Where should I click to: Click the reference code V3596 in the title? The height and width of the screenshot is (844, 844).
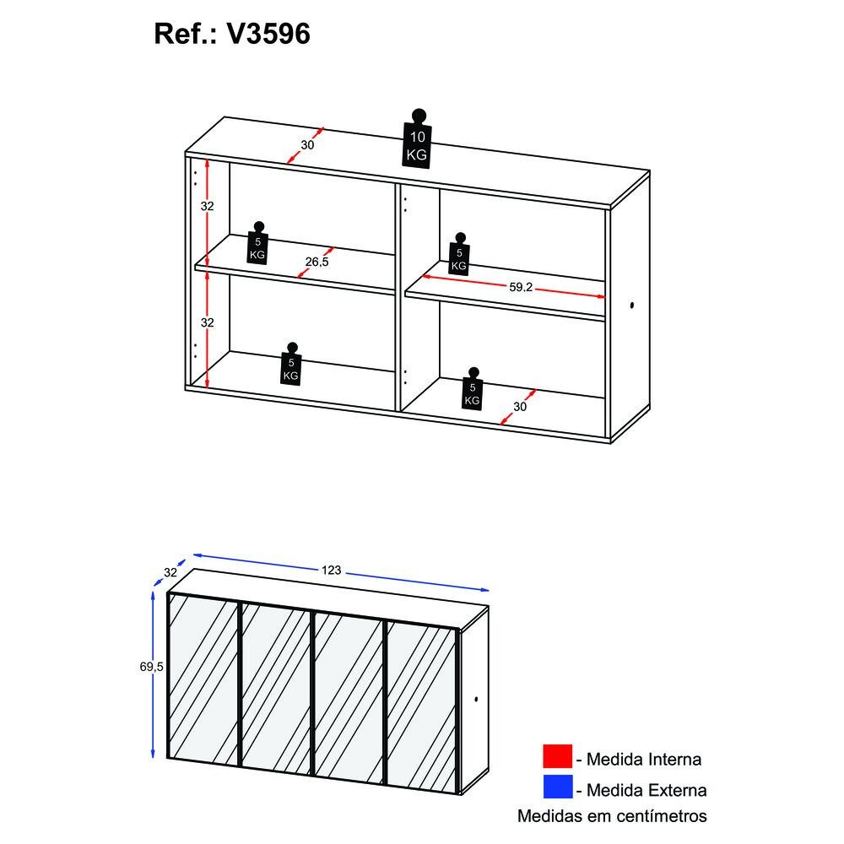tap(268, 34)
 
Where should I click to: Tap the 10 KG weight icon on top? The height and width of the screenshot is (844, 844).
tap(417, 139)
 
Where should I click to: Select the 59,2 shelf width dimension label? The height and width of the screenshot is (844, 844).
tap(521, 287)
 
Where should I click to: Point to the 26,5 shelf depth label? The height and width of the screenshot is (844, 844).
tap(316, 262)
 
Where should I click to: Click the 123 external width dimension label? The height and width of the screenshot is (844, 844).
tap(331, 570)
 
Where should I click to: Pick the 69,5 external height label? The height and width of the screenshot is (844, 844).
tap(151, 667)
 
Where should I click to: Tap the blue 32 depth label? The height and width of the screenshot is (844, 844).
tap(170, 572)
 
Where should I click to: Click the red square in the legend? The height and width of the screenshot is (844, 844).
tap(557, 755)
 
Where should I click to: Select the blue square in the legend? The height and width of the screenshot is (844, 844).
tap(557, 787)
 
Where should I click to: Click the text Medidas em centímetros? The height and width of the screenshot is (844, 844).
tap(612, 816)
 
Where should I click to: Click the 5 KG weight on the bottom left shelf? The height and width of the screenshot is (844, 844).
tap(290, 364)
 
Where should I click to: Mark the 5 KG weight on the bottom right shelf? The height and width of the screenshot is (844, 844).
tap(472, 388)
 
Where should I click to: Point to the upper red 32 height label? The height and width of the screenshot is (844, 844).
tap(208, 206)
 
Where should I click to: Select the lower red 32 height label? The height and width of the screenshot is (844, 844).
tap(208, 322)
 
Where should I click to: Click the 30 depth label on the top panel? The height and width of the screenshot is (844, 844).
tap(307, 145)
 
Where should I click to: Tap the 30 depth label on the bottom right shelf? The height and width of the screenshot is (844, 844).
tap(519, 407)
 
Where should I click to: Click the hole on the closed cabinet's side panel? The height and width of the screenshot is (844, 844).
tap(476, 699)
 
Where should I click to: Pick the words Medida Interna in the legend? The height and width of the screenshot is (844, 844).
tap(644, 760)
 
